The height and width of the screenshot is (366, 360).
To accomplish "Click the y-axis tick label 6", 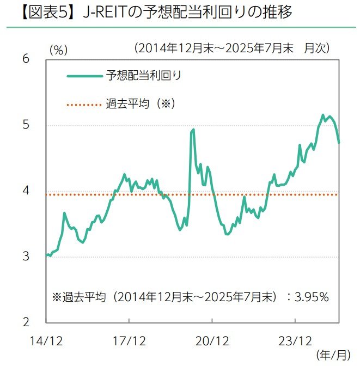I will (26, 59).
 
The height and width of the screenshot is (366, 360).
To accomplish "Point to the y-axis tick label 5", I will (26, 125).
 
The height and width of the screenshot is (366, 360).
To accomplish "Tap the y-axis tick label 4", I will (26, 191).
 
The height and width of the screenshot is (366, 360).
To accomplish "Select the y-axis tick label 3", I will (26, 257).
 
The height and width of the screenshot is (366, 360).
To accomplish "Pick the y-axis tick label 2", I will (26, 322).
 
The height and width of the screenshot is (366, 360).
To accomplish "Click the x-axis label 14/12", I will (46, 341).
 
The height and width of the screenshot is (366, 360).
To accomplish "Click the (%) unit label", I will (58, 50).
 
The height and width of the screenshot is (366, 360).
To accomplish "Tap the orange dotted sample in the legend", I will (83, 103).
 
